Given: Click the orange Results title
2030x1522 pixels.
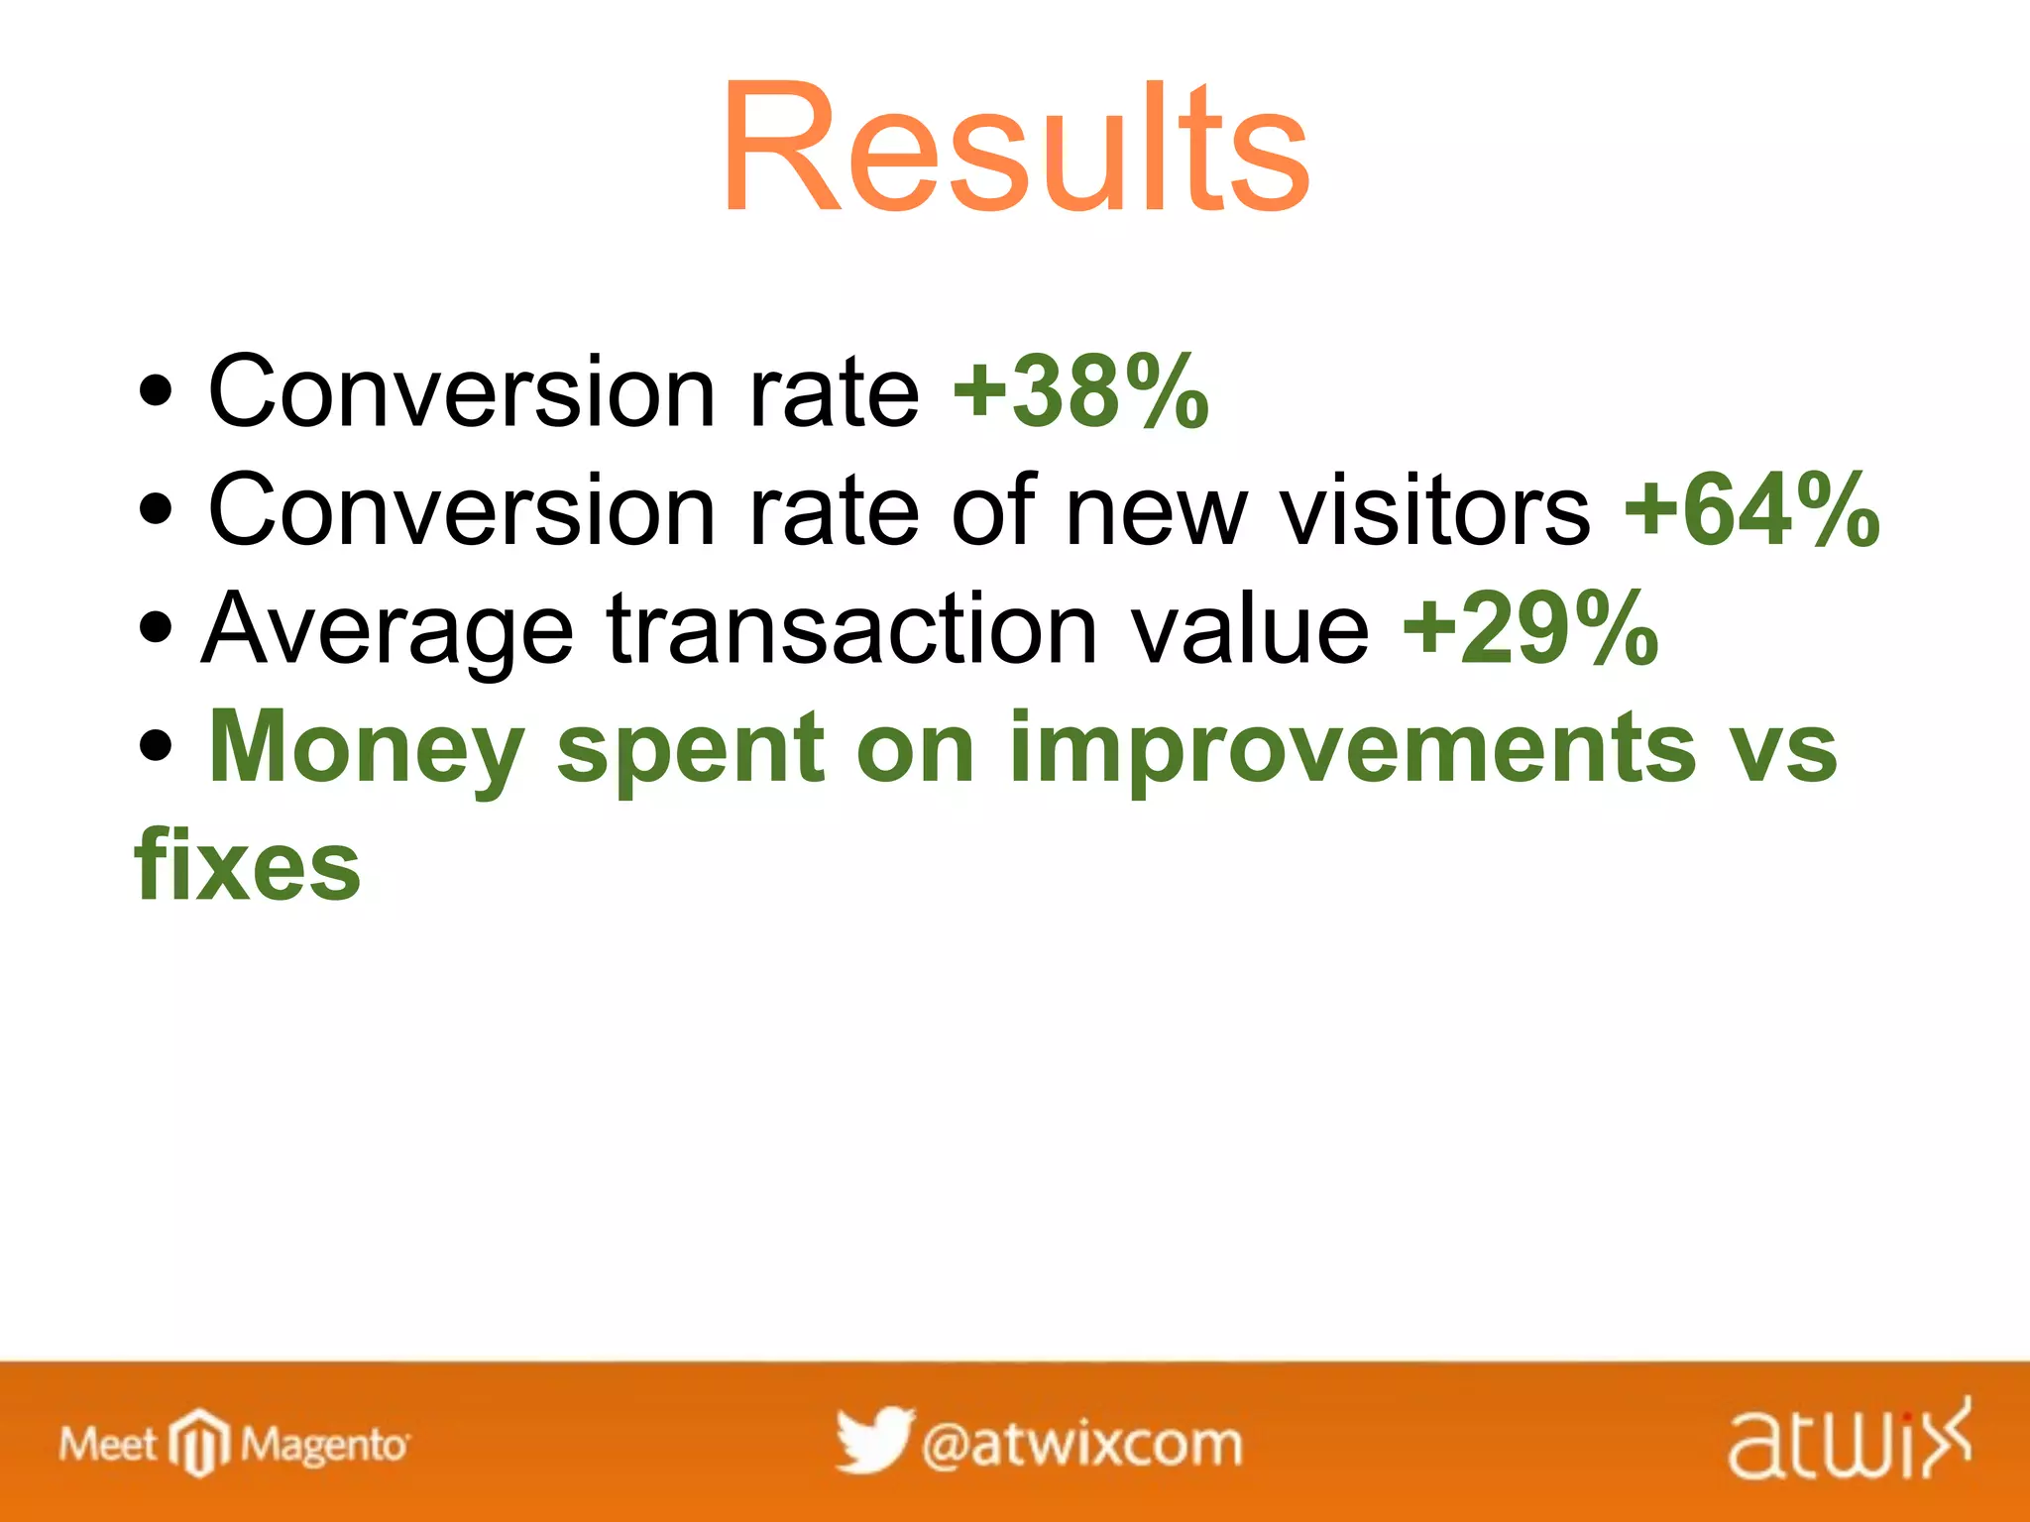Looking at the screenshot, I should [x=1015, y=149].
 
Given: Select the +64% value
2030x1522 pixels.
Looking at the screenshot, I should [x=1751, y=509].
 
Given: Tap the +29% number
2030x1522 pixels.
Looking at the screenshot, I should [x=1530, y=627].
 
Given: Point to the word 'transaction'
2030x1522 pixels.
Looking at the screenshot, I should [x=852, y=628].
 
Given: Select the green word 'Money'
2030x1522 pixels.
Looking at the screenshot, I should [x=366, y=748].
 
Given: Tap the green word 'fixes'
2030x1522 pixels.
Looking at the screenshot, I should [x=248, y=865].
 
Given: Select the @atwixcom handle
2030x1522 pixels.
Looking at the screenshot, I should [x=1081, y=1444].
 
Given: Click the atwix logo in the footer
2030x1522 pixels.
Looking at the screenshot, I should [x=1849, y=1441].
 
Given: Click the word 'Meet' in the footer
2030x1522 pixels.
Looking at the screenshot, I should [x=108, y=1444].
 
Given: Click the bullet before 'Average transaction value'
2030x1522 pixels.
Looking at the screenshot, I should [x=156, y=627].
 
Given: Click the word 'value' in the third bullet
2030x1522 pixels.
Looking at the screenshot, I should [x=1251, y=628].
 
